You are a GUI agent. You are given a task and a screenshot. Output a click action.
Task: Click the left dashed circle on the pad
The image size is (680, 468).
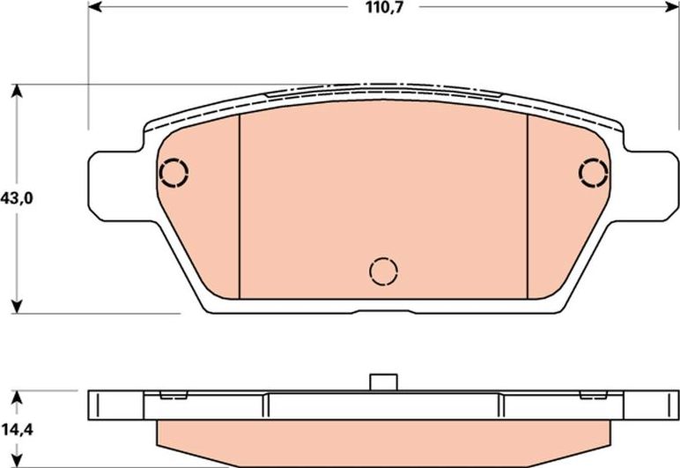coord(174,171)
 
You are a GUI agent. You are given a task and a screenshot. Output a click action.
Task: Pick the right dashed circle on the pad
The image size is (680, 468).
coord(594,171)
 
